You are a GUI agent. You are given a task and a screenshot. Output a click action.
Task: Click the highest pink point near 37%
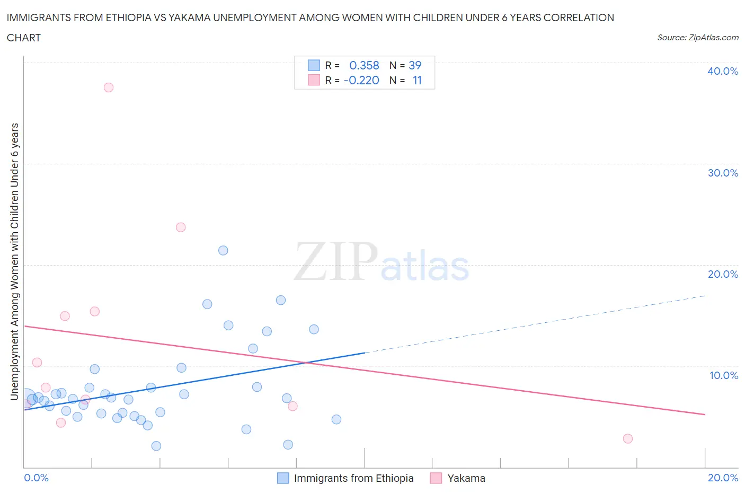tap(109, 87)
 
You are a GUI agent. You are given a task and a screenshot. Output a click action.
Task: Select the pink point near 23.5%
tap(181, 227)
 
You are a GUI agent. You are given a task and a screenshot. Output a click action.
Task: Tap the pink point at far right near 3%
tap(628, 438)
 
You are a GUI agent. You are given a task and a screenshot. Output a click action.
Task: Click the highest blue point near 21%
tap(223, 251)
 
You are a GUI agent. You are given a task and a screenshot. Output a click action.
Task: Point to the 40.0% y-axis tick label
tap(723, 71)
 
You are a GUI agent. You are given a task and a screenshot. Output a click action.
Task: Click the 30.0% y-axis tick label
tap(723, 173)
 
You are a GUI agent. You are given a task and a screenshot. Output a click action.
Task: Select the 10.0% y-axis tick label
tap(723, 375)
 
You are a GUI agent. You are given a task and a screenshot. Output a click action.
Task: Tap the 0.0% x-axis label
tap(36, 478)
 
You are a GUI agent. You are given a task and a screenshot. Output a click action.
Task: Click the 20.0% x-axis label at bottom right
tap(723, 478)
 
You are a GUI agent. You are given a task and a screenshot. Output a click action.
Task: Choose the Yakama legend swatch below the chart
tap(436, 478)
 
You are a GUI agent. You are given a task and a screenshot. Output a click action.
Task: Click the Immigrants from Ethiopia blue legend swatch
tap(283, 478)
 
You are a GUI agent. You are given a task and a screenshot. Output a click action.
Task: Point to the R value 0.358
tap(364, 65)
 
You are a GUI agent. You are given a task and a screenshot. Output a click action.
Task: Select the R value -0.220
tap(361, 80)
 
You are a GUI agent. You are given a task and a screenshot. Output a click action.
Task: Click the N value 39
tap(415, 65)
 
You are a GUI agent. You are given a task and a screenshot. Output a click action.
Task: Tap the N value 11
tap(417, 80)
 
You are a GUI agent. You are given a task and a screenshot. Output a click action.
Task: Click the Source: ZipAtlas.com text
tap(697, 37)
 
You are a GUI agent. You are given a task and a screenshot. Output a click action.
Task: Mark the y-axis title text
tap(15, 261)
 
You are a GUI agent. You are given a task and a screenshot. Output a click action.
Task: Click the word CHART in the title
tap(24, 38)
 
